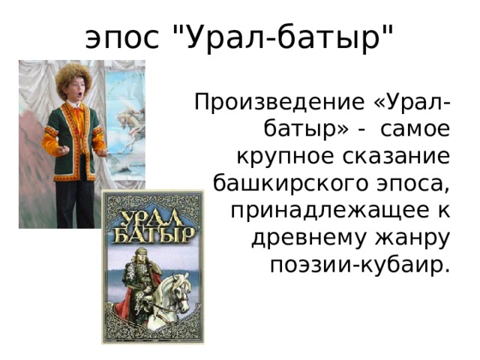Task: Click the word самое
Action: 415,130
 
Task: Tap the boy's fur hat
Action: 74,75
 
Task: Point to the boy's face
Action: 74,91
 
